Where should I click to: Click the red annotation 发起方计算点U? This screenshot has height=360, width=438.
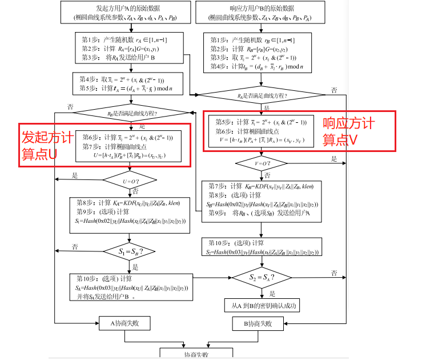point(47,146)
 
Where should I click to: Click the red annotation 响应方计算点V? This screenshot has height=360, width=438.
point(349,131)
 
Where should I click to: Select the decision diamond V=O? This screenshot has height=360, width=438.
point(261,163)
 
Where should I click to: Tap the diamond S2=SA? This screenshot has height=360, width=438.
point(261,278)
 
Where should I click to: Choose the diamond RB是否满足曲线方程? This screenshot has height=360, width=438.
point(132,113)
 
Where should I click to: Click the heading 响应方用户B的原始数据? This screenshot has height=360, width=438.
point(260,9)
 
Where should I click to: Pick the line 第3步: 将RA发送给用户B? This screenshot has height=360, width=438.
point(118,58)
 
